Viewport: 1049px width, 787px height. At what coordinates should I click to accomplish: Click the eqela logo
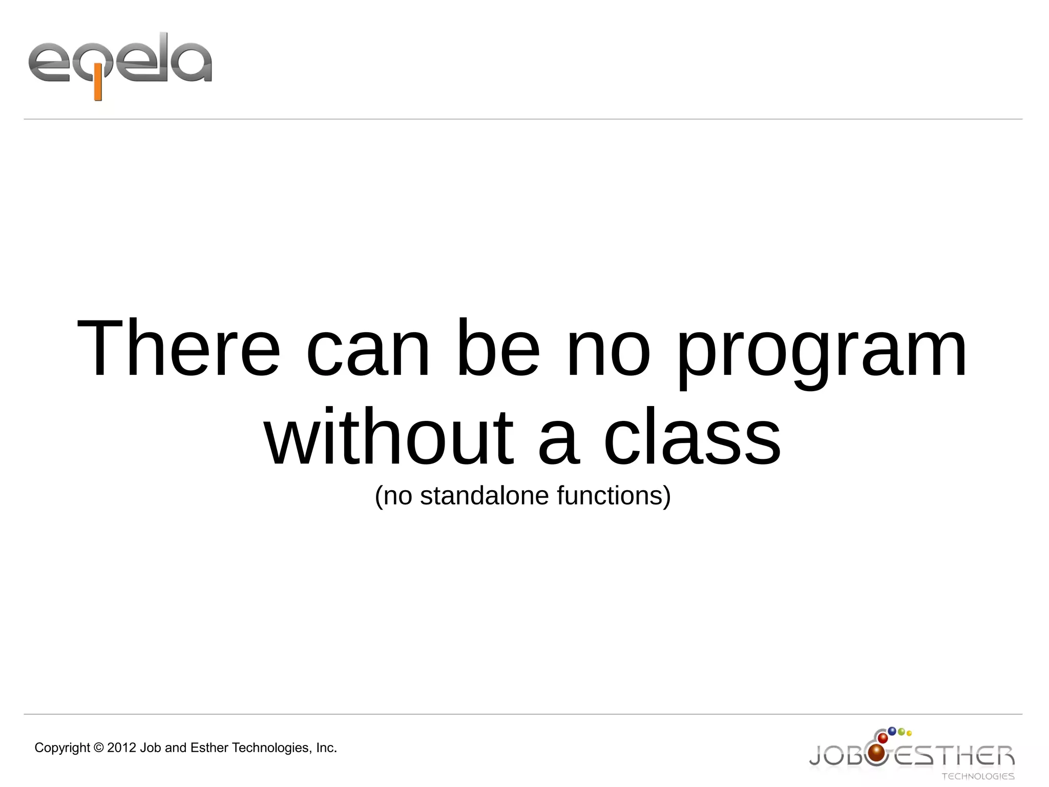(120, 64)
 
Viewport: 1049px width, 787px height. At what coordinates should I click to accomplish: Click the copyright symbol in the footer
(99, 748)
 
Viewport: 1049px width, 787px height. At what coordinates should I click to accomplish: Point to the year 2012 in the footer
(122, 748)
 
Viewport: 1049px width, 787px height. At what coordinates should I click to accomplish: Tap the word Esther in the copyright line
(209, 748)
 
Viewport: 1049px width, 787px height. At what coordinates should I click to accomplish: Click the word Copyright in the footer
(62, 748)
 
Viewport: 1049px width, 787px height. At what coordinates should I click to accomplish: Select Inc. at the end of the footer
(326, 748)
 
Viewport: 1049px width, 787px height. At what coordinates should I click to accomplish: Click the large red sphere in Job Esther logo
(877, 753)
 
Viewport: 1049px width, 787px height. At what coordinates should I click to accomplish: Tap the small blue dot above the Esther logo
(892, 731)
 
